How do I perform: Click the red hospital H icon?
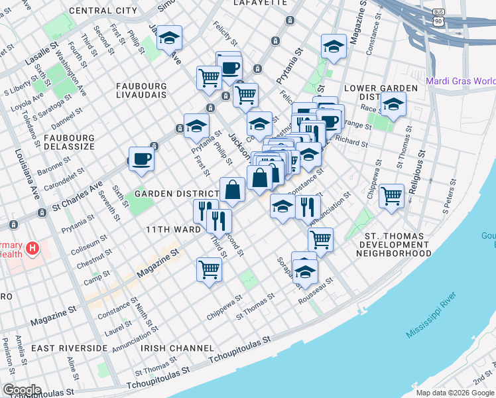click(x=31, y=250)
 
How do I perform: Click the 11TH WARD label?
click(x=173, y=229)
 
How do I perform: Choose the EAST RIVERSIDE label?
click(x=69, y=348)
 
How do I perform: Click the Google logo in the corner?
click(x=21, y=390)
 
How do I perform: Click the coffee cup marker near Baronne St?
click(x=141, y=159)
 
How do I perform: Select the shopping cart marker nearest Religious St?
click(x=392, y=196)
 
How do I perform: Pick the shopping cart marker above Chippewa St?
click(x=209, y=270)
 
